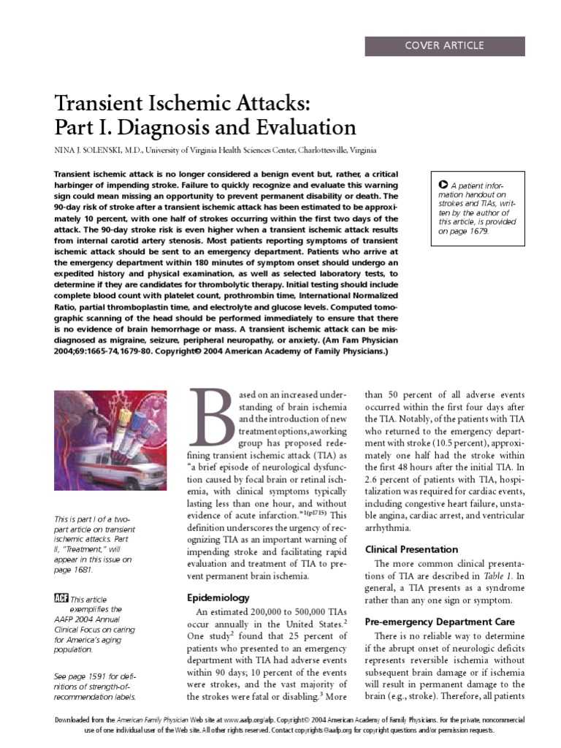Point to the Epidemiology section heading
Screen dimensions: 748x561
point(219,598)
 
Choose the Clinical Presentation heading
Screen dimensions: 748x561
point(411,549)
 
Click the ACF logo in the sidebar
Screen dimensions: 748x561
point(61,598)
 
